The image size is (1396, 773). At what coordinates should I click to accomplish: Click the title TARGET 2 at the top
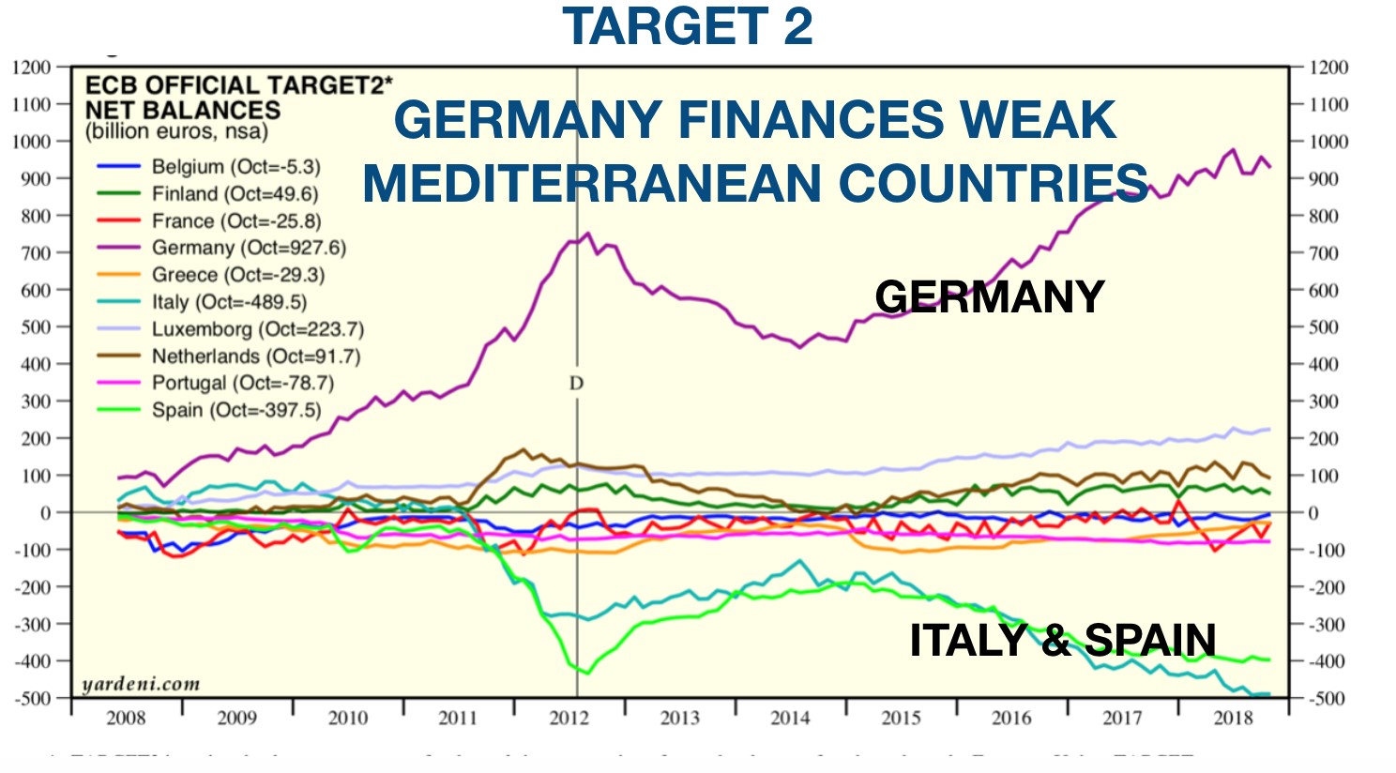pyautogui.click(x=688, y=26)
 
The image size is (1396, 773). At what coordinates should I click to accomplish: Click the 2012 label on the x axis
pyautogui.click(x=569, y=719)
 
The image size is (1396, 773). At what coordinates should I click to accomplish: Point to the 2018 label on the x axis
pyautogui.click(x=1233, y=719)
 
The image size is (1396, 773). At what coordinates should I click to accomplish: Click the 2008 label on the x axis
pyautogui.click(x=126, y=719)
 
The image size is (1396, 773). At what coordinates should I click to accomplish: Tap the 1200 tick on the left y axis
pyautogui.click(x=32, y=68)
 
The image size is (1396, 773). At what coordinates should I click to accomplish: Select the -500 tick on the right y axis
pyautogui.click(x=1327, y=699)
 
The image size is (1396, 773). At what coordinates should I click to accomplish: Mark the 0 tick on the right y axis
pyautogui.click(x=1313, y=513)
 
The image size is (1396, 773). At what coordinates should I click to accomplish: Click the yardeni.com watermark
pyautogui.click(x=141, y=684)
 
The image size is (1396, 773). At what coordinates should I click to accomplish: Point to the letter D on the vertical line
pyautogui.click(x=576, y=383)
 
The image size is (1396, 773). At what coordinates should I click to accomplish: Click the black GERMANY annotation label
pyautogui.click(x=989, y=297)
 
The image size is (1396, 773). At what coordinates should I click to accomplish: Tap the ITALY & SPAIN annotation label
pyautogui.click(x=1062, y=641)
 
